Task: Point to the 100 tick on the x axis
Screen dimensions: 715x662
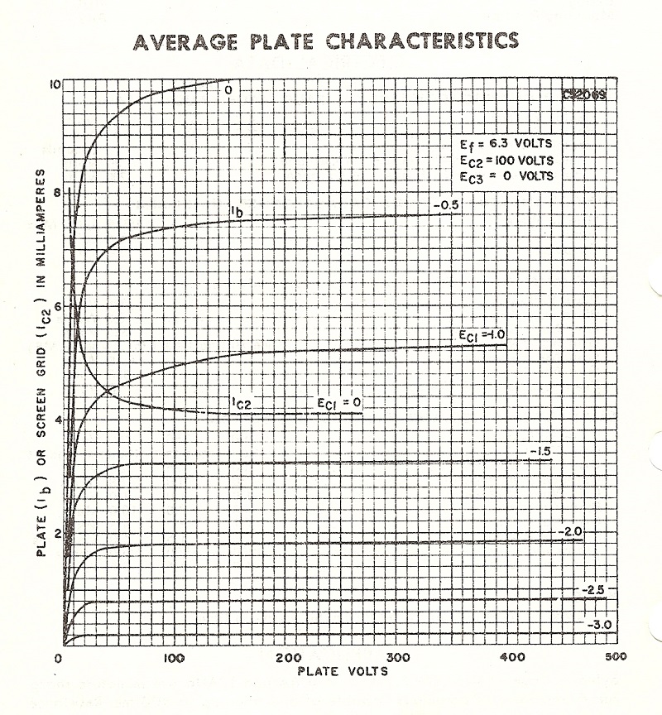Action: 172,659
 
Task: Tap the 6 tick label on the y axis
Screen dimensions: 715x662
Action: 55,306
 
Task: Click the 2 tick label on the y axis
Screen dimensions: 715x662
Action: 55,532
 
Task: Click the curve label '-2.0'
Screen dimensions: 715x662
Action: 572,531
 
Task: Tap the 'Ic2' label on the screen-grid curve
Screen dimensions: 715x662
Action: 241,403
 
